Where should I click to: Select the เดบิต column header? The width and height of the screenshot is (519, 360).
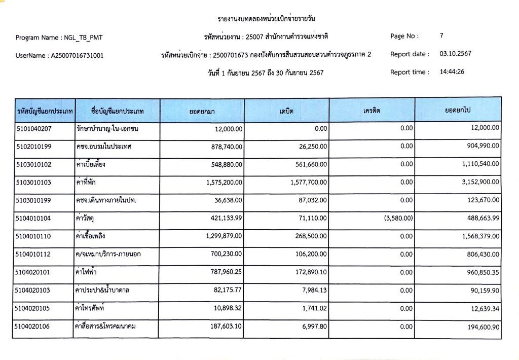pyautogui.click(x=286, y=111)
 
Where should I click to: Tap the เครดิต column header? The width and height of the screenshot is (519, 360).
pyautogui.click(x=372, y=111)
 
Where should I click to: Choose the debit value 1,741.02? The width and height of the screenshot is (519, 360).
pyautogui.click(x=314, y=309)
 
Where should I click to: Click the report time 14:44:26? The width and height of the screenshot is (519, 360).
pyautogui.click(x=452, y=72)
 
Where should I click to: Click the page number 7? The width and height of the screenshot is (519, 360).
pyautogui.click(x=442, y=36)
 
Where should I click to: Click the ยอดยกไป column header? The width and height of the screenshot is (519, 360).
pyautogui.click(x=458, y=110)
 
